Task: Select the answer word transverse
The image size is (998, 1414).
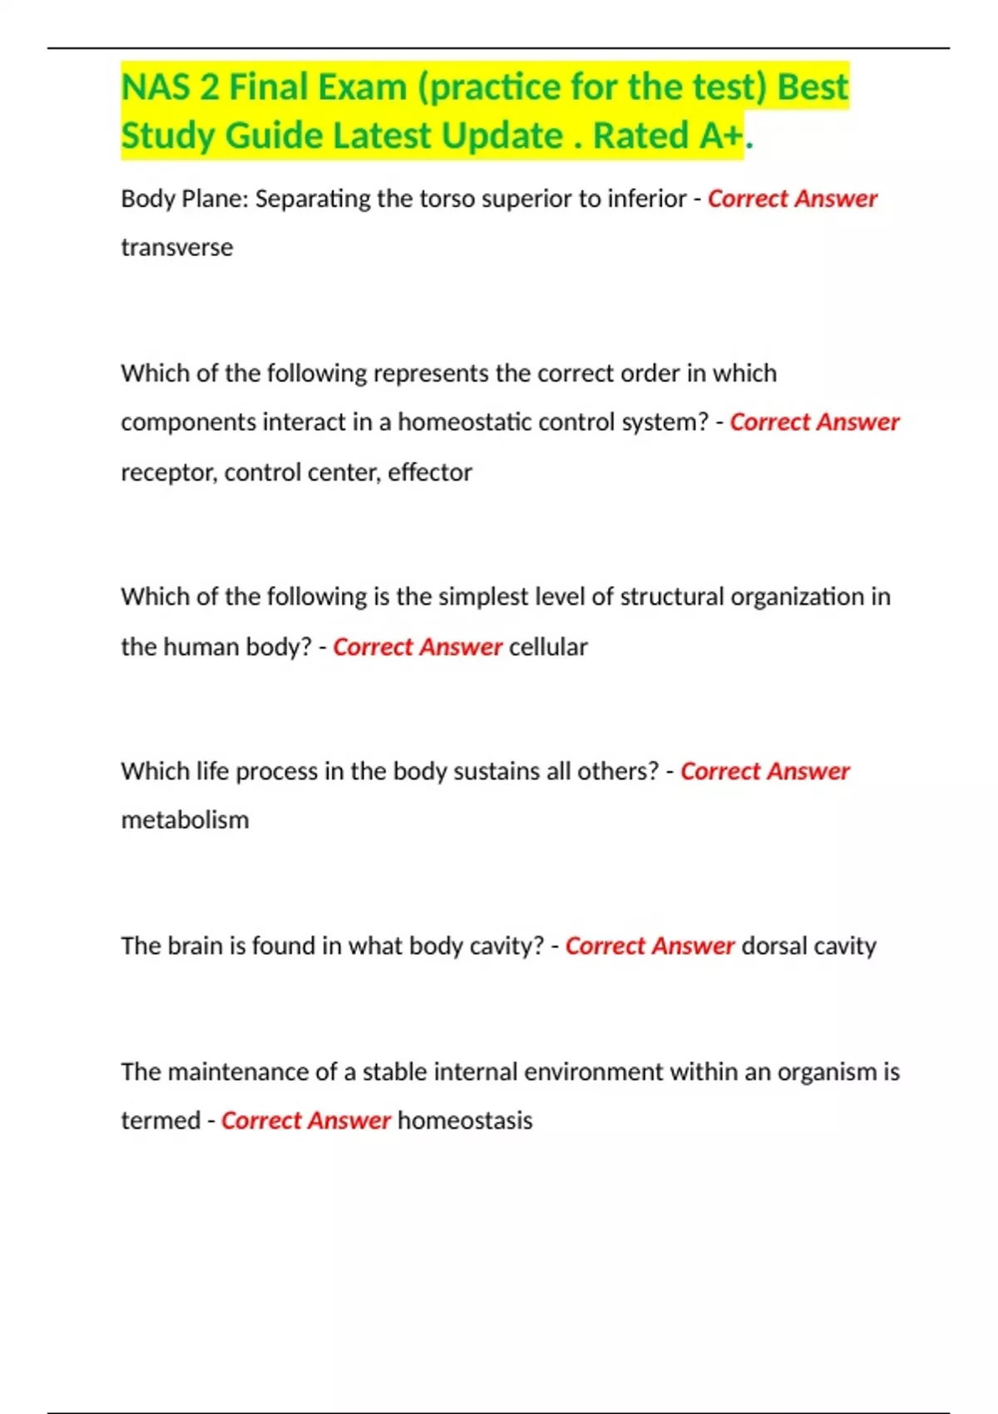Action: click(x=177, y=248)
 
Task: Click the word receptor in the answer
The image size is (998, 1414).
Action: click(x=168, y=472)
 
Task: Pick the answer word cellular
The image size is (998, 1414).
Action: click(x=548, y=647)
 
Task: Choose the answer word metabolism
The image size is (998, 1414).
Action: click(x=185, y=820)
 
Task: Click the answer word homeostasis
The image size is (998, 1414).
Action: click(x=465, y=1120)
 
